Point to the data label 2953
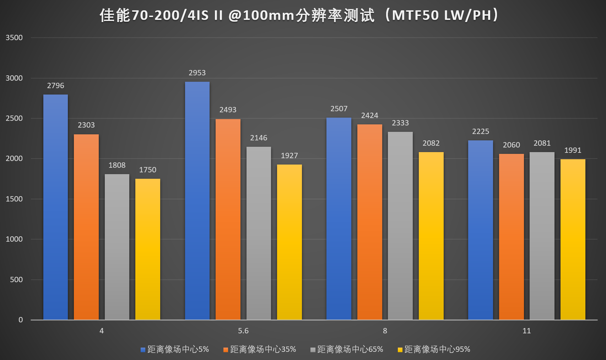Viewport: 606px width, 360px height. click(197, 73)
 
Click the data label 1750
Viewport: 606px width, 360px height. click(147, 170)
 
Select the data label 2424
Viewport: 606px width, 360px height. click(369, 115)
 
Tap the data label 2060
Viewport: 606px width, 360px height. click(511, 145)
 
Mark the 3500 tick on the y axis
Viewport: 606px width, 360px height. click(14, 38)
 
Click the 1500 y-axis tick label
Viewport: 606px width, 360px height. click(14, 199)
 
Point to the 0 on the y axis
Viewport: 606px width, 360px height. click(21, 320)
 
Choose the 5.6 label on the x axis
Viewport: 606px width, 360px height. click(243, 331)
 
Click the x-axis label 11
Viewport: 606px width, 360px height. click(526, 331)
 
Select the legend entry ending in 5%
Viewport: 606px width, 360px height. click(178, 349)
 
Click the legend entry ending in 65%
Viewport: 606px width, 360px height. click(350, 349)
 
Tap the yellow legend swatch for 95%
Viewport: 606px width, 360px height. click(400, 350)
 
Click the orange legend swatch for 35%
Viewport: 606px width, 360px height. click(226, 350)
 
